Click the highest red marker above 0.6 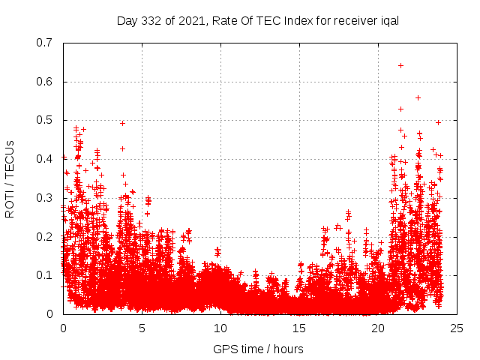tap(400, 65)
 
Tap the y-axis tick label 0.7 tap(45, 43)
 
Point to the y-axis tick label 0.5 tap(45, 120)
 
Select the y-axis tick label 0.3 tap(45, 198)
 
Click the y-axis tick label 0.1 tap(45, 275)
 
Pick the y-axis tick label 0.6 tap(45, 82)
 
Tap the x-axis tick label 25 tap(457, 328)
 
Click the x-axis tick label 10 tap(220, 328)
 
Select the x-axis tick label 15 tap(299, 328)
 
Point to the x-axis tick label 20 tap(378, 328)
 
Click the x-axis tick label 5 tap(142, 328)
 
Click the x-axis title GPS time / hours tap(258, 349)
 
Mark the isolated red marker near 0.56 tap(418, 97)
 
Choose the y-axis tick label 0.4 tap(45, 159)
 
